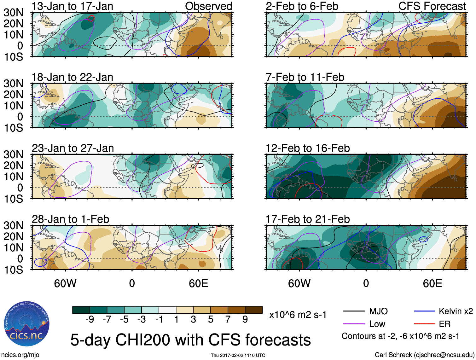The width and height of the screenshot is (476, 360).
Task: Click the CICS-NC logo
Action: coord(27,324)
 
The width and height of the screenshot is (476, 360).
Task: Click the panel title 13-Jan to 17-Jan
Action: coord(72,6)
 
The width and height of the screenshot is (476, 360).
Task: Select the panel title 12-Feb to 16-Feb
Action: coord(307,148)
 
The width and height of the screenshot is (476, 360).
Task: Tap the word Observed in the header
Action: coord(209,6)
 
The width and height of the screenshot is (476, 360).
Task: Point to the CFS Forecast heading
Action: coord(432,6)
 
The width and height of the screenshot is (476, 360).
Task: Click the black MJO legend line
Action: coord(354,311)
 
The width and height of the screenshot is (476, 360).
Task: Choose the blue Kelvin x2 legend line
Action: coord(424,311)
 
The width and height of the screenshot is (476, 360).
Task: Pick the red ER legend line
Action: coord(424,324)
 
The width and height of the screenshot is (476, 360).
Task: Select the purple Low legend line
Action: coord(354,324)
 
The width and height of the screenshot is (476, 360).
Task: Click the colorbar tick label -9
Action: coord(90,320)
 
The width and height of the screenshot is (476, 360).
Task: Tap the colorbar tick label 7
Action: coord(228,320)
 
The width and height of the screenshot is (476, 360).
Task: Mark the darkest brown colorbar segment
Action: coord(254,310)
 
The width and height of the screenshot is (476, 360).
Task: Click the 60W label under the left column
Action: coord(65,283)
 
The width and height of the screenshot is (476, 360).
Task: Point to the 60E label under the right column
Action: coord(432,283)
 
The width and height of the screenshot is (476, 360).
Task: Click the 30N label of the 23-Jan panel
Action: coord(13,154)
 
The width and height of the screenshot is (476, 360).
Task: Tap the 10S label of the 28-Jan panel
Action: coord(13,270)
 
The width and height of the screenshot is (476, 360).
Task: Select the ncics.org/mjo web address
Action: coord(20,355)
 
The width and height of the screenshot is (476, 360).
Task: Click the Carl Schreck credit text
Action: coord(424,355)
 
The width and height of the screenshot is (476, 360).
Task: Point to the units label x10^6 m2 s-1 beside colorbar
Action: coord(298,315)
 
